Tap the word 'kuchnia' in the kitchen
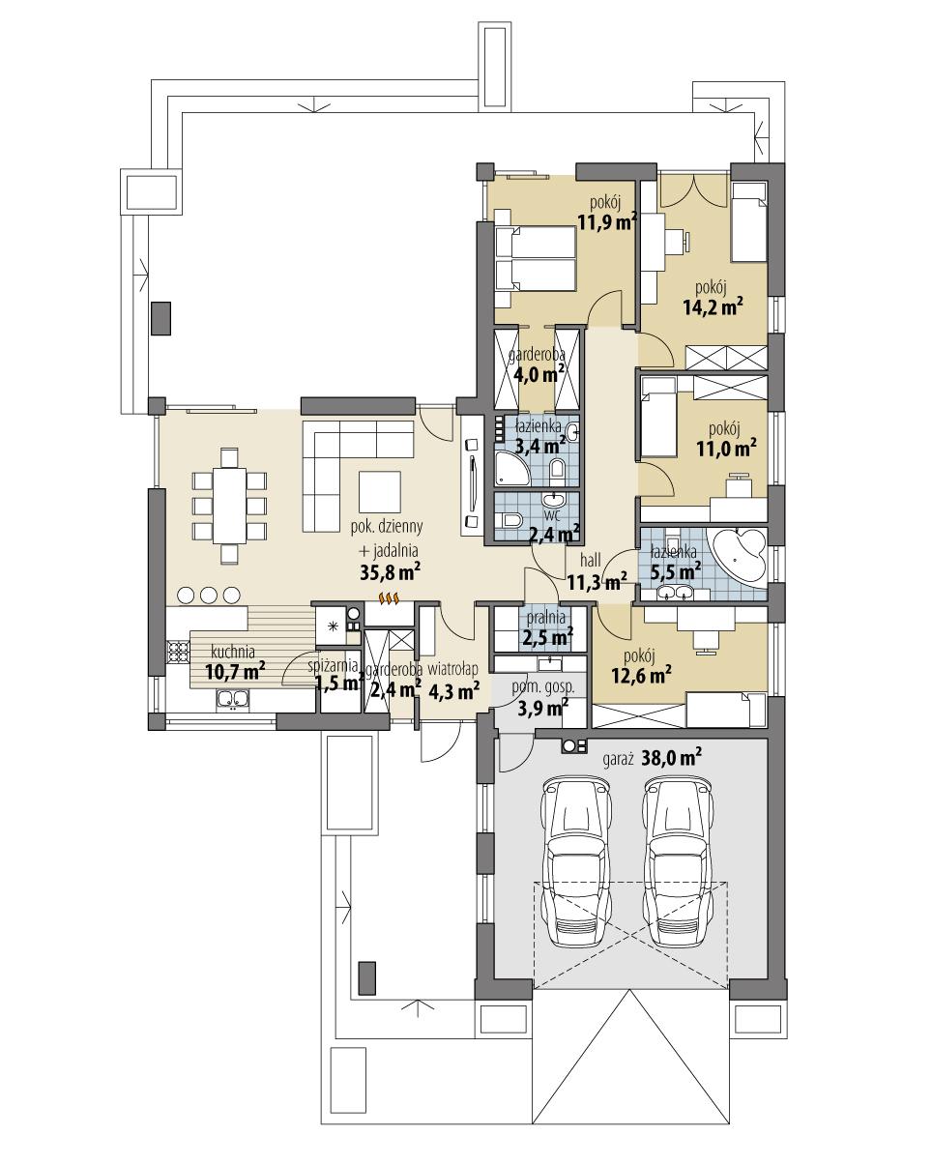233,651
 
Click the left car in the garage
577,861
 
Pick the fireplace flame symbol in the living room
390,599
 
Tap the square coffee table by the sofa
379,491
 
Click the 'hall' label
592,561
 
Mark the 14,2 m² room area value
716,306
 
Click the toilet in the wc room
510,523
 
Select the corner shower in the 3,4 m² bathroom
510,469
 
